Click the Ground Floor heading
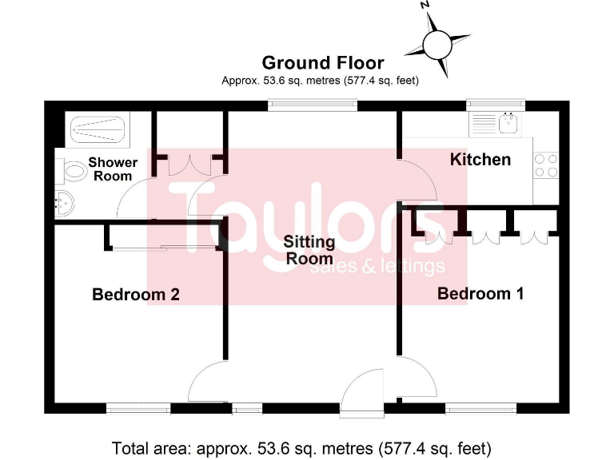click(322, 62)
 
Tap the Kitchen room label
click(480, 159)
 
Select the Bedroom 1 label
click(480, 293)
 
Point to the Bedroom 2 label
click(135, 294)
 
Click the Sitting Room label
click(309, 250)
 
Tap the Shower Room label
click(113, 169)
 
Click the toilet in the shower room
click(72, 170)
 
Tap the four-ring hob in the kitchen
click(545, 165)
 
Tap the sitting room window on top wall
click(301, 104)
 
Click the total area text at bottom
click(301, 447)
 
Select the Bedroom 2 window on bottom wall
click(138, 409)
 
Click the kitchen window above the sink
click(496, 104)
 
